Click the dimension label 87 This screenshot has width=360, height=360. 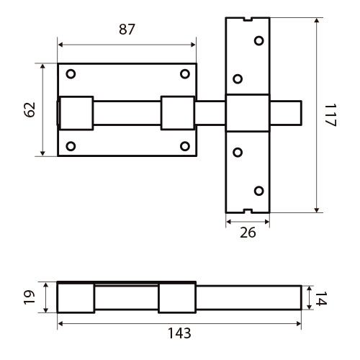point(127,30)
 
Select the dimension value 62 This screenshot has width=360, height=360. point(30,110)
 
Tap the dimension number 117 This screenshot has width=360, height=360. point(330,115)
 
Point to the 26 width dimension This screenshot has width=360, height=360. point(248,233)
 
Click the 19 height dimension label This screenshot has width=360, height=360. point(30,297)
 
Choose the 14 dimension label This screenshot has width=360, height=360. point(321,299)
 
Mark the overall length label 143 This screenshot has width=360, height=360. point(179,333)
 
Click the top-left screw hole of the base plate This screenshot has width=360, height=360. point(71,74)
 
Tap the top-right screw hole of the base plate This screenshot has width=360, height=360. point(185,74)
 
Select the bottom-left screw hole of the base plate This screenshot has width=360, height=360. point(71,146)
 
